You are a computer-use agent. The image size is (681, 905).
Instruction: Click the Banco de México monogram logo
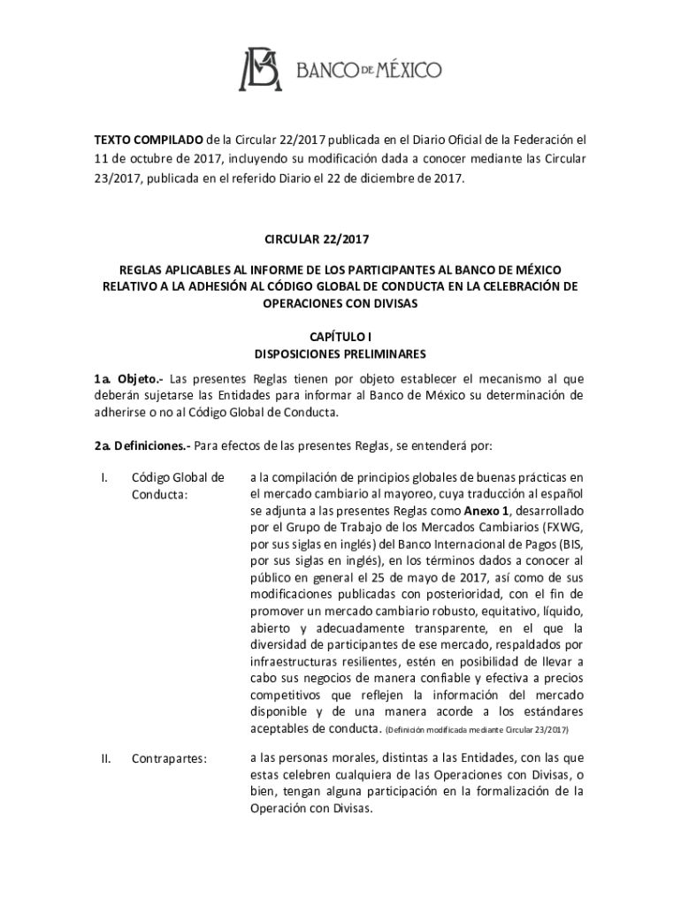(x=258, y=70)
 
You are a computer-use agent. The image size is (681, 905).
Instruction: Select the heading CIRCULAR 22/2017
(x=340, y=240)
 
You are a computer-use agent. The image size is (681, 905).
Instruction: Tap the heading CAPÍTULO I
(x=340, y=338)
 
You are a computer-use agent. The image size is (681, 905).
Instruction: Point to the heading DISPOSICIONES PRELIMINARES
(x=340, y=354)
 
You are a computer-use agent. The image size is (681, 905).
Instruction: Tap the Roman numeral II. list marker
(x=106, y=758)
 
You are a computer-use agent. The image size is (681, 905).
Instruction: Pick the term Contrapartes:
(x=169, y=758)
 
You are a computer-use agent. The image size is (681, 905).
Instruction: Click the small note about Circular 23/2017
(x=478, y=731)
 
